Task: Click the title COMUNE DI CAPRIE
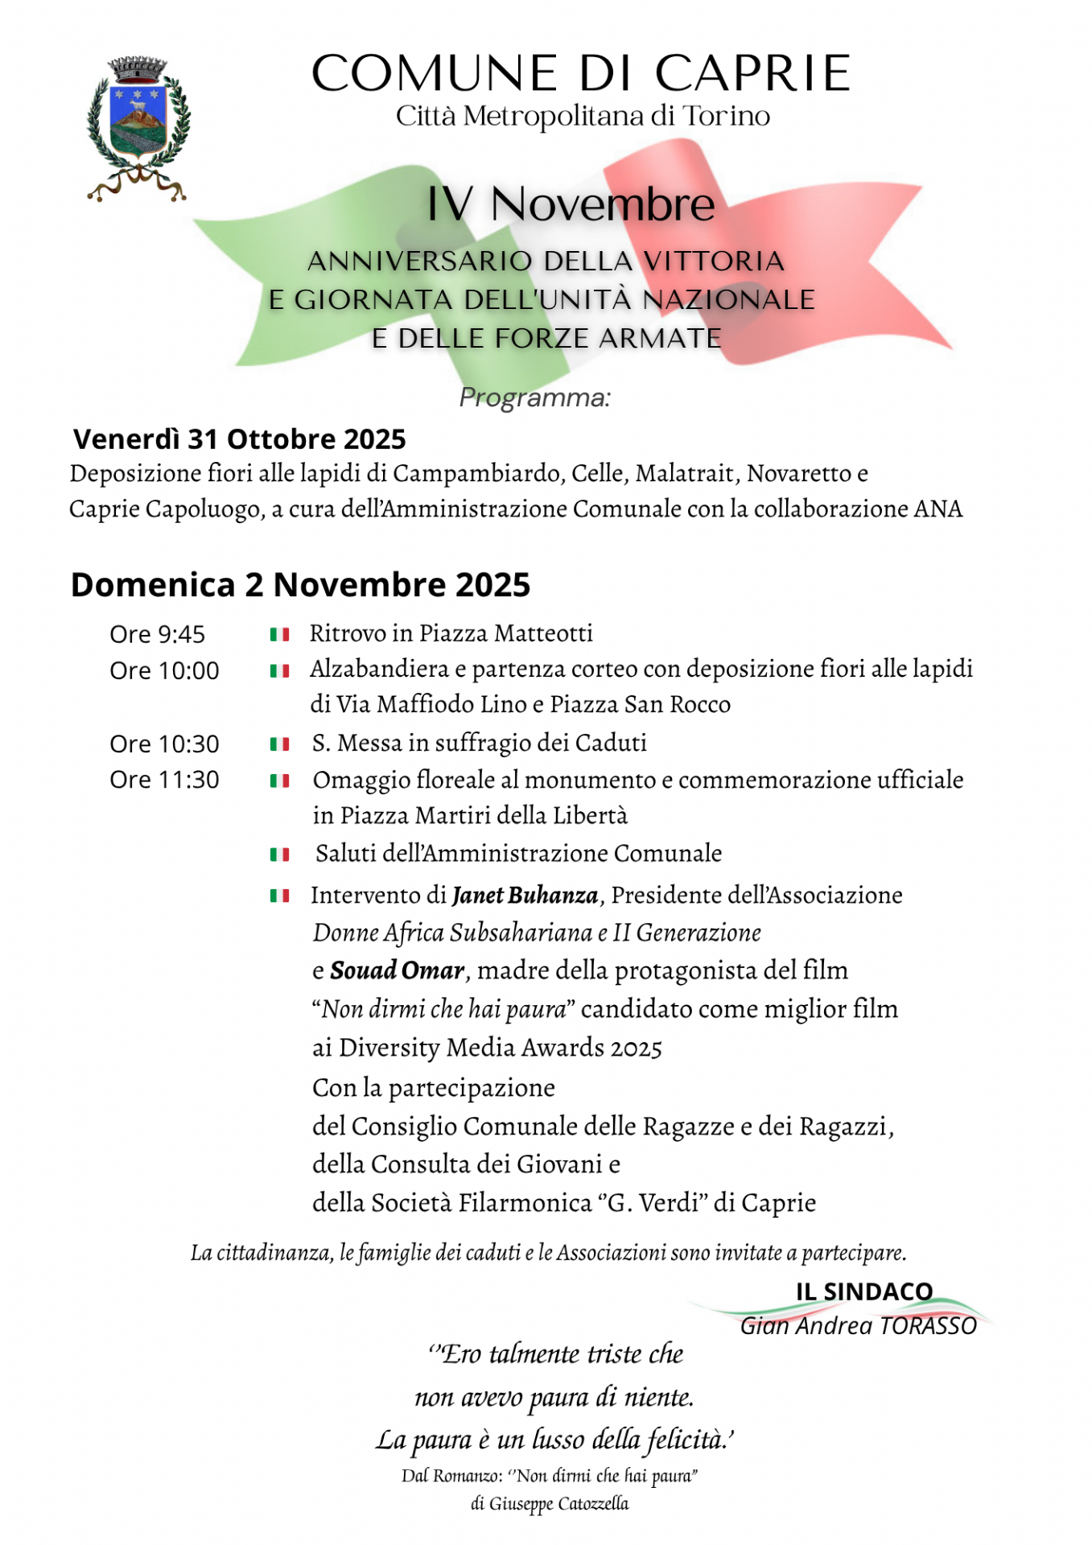pyautogui.click(x=580, y=73)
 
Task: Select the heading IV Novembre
pyautogui.click(x=570, y=204)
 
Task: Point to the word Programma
pyautogui.click(x=534, y=398)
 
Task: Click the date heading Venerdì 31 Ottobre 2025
pyautogui.click(x=239, y=439)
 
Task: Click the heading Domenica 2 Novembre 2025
pyautogui.click(x=300, y=585)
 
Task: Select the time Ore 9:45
pyautogui.click(x=157, y=635)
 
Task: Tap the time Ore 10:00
pyautogui.click(x=164, y=671)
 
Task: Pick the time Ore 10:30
pyautogui.click(x=164, y=744)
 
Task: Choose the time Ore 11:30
pyautogui.click(x=164, y=780)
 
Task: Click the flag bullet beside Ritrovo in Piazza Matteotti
pyautogui.click(x=279, y=635)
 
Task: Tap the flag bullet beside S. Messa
pyautogui.click(x=279, y=744)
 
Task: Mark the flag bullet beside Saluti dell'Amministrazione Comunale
pyautogui.click(x=279, y=855)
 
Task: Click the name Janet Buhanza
pyautogui.click(x=525, y=896)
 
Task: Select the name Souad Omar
pyautogui.click(x=398, y=971)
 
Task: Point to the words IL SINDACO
pyautogui.click(x=863, y=1292)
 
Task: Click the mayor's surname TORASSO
pyautogui.click(x=928, y=1326)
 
